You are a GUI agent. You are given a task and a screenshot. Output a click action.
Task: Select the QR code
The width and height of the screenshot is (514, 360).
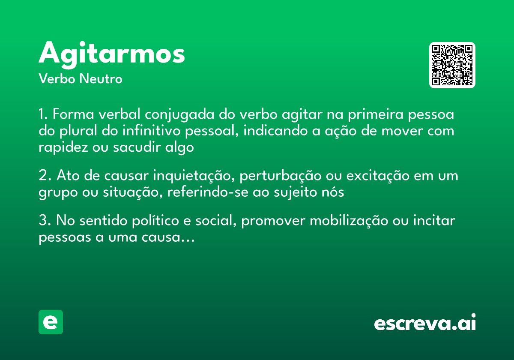point(452,65)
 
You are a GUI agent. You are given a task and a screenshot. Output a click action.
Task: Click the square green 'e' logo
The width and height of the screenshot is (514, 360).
point(51,322)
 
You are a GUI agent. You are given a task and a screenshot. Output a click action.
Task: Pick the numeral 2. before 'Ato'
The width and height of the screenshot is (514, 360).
point(45,176)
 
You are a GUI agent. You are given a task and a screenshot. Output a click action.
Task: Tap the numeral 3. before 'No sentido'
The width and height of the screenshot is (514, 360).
point(45,221)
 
